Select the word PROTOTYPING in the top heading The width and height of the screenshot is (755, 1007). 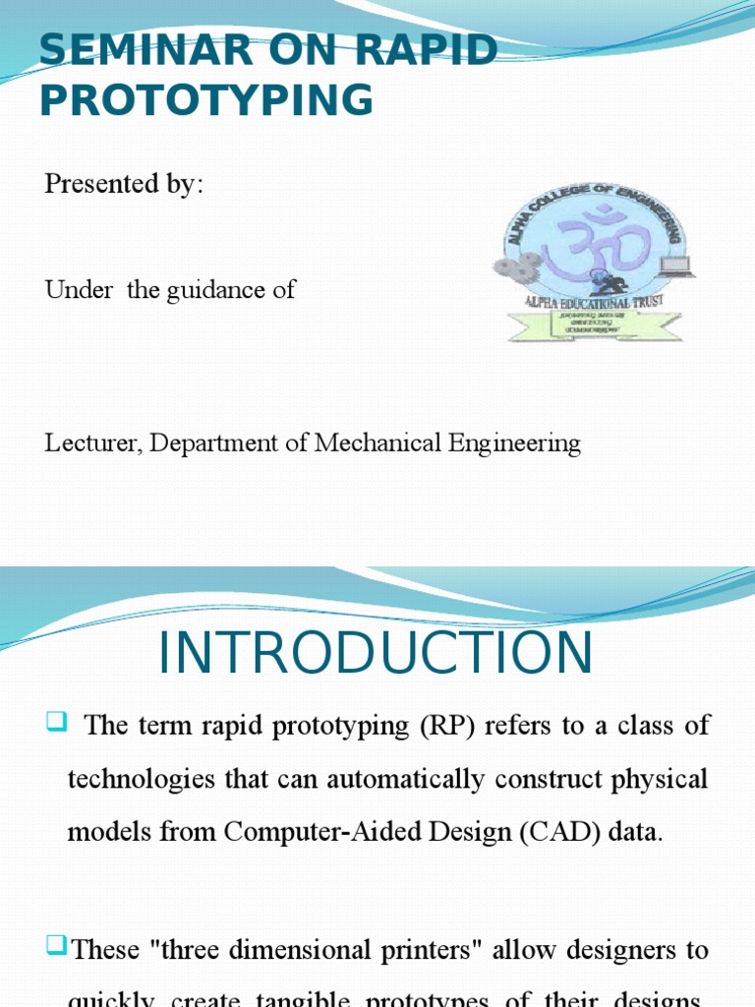point(206,101)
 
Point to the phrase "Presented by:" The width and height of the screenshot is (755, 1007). point(124,184)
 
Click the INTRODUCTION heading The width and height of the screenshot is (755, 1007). point(376,654)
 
